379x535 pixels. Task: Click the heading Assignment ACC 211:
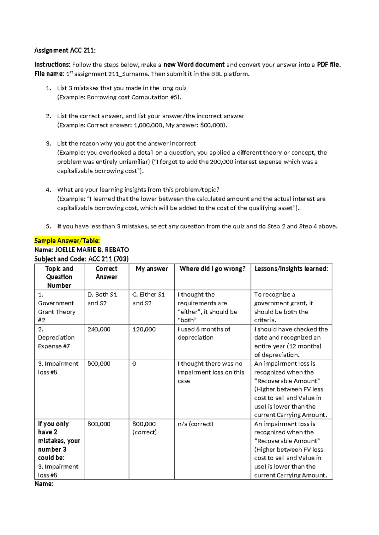pyautogui.click(x=65, y=50)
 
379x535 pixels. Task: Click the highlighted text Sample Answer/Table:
pyautogui.click(x=67, y=241)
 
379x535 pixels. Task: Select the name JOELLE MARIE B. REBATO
pyautogui.click(x=92, y=250)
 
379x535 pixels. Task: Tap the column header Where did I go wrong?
pyautogui.click(x=212, y=269)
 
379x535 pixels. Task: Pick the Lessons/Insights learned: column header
pyautogui.click(x=291, y=269)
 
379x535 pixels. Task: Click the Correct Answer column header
pyautogui.click(x=106, y=273)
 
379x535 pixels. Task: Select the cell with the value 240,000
pyautogui.click(x=99, y=329)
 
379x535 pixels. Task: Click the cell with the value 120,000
pyautogui.click(x=144, y=329)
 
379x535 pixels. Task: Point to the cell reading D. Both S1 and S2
pyautogui.click(x=102, y=299)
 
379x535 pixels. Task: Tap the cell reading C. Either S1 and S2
pyautogui.click(x=148, y=299)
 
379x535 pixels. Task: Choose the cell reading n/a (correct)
pyautogui.click(x=195, y=424)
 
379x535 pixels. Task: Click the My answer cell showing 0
pyautogui.click(x=134, y=364)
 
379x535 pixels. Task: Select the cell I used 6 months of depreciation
pyautogui.click(x=204, y=333)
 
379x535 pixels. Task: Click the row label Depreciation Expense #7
pyautogui.click(x=56, y=338)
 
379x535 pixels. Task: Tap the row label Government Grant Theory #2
pyautogui.click(x=57, y=308)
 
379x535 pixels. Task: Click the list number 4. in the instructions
pyautogui.click(x=48, y=190)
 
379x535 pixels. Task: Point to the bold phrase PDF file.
pyautogui.click(x=328, y=65)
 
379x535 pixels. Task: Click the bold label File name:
pyautogui.click(x=49, y=74)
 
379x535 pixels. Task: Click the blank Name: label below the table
pyautogui.click(x=44, y=484)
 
